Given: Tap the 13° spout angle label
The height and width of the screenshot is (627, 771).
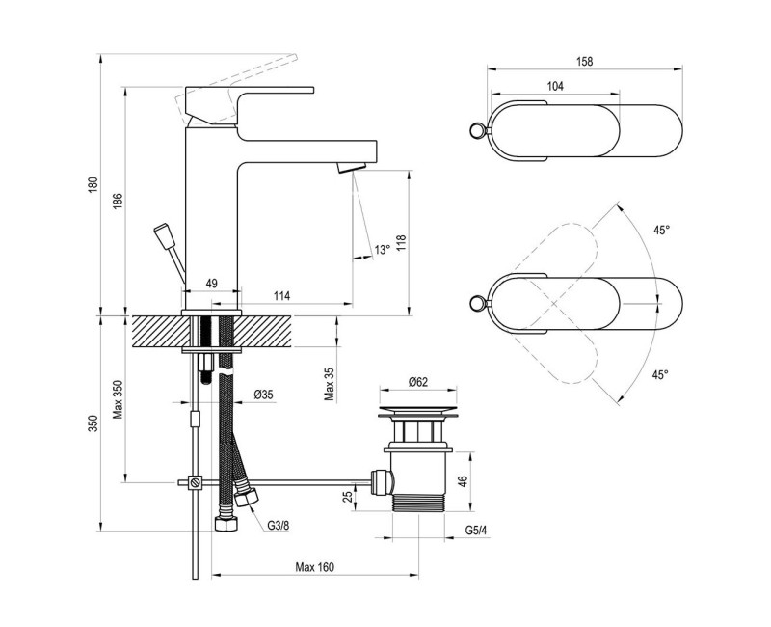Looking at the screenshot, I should pos(382,250).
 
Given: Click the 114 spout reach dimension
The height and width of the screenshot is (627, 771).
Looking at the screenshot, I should pos(281,295).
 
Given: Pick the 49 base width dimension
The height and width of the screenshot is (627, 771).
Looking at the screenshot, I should pos(210,284).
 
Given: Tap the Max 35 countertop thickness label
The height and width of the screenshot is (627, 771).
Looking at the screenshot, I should pos(329,383).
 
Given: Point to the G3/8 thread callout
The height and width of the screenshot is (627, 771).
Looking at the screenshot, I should pos(278,525).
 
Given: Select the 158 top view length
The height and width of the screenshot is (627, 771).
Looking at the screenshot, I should pos(585,61).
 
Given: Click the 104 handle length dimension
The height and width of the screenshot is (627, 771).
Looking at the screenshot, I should pos(555,87).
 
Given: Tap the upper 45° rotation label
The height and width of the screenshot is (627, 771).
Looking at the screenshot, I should pos(661,231).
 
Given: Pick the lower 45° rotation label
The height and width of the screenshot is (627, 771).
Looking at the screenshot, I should pos(661,374).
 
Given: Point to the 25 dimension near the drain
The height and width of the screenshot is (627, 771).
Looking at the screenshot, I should pos(349,496).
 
